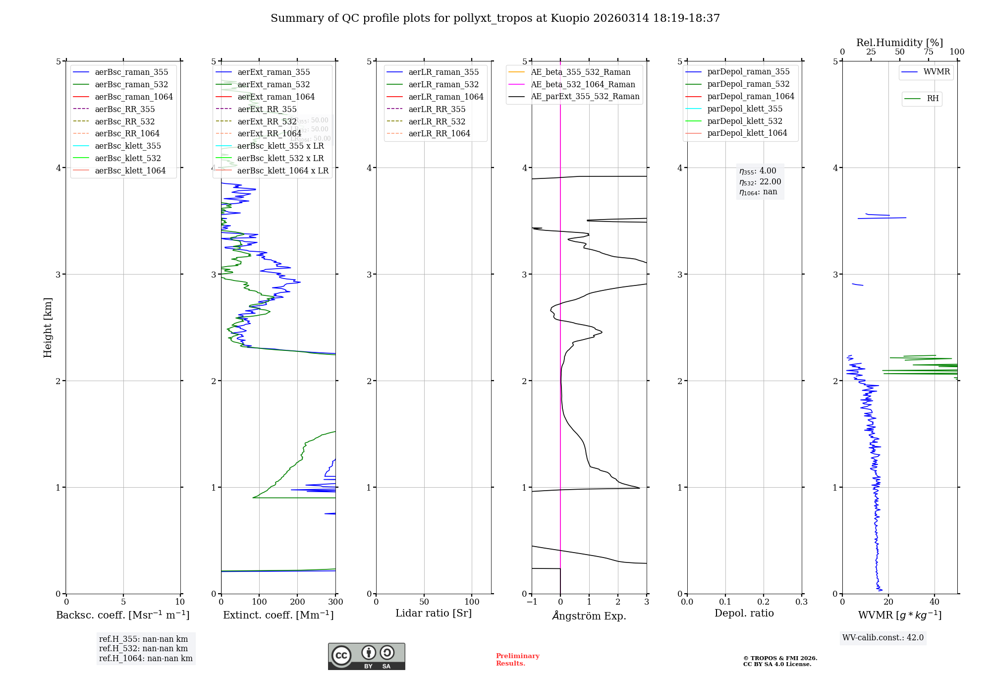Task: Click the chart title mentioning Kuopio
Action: (495, 18)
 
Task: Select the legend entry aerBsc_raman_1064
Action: (134, 97)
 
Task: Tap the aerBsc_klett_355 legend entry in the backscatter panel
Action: (128, 146)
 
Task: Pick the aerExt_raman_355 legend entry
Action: (274, 72)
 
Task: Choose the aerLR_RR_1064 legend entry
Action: (439, 133)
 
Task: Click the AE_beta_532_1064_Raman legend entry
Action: (583, 84)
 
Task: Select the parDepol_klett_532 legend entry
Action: (745, 121)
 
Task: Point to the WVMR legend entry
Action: (936, 72)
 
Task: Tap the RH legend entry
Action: (933, 99)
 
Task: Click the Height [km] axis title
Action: (48, 327)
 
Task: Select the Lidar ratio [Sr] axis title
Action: (434, 613)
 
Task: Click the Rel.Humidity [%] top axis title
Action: (899, 43)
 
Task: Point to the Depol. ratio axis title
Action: (744, 613)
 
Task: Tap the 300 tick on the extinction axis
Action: (335, 602)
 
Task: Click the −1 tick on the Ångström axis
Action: (532, 602)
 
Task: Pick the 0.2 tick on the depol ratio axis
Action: (764, 602)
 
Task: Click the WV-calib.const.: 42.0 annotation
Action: (883, 637)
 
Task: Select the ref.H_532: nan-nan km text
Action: (143, 648)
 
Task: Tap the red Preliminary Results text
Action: (517, 659)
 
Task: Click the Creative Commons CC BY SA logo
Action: (366, 656)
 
